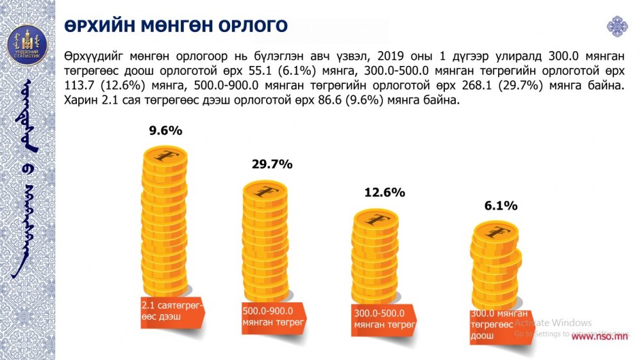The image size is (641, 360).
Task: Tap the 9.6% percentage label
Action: click(x=165, y=131)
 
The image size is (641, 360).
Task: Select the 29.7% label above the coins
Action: click(x=272, y=165)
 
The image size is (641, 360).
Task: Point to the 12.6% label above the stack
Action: click(x=385, y=192)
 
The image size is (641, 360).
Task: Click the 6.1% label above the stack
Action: click(x=500, y=206)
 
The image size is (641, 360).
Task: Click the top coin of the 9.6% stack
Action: click(x=165, y=156)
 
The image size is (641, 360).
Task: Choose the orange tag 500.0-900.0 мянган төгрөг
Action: click(x=272, y=316)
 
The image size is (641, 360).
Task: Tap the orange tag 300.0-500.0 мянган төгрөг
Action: click(x=383, y=319)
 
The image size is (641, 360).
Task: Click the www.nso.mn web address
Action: click(x=599, y=336)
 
